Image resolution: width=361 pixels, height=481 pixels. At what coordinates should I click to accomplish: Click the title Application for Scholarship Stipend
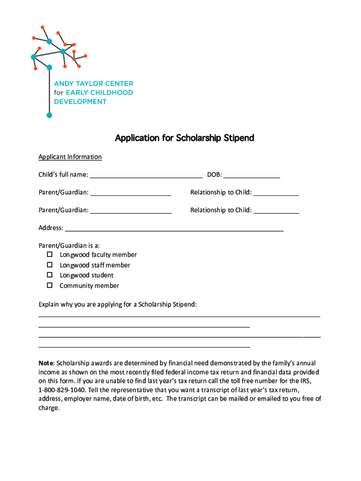pyautogui.click(x=185, y=138)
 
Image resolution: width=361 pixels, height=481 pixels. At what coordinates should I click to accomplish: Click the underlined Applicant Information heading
pyautogui.click(x=70, y=157)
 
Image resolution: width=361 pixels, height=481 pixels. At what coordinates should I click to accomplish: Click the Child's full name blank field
pyautogui.click(x=146, y=176)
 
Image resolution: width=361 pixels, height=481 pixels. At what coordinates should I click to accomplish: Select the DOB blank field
pyautogui.click(x=252, y=176)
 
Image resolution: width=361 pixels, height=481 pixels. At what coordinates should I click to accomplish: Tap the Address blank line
pyautogui.click(x=174, y=229)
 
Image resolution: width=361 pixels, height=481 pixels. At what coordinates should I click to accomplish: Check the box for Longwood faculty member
pyautogui.click(x=49, y=255)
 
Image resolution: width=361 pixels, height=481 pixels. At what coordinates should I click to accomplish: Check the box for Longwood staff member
pyautogui.click(x=49, y=265)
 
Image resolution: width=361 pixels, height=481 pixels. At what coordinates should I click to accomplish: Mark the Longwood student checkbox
pyautogui.click(x=49, y=275)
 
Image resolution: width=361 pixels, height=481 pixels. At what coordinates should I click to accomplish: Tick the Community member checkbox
pyautogui.click(x=49, y=286)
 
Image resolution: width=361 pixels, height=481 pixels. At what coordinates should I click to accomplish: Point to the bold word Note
pyautogui.click(x=46, y=363)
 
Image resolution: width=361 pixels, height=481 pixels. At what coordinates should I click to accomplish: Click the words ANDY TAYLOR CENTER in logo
pyautogui.click(x=94, y=84)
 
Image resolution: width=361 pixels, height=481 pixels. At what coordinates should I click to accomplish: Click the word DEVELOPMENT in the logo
pyautogui.click(x=80, y=101)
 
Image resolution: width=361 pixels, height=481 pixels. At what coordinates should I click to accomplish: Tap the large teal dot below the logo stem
pyautogui.click(x=49, y=115)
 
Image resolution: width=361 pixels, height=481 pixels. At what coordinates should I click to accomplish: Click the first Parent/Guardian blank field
pyautogui.click(x=131, y=193)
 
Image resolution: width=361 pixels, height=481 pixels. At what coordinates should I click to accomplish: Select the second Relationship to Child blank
pyautogui.click(x=276, y=211)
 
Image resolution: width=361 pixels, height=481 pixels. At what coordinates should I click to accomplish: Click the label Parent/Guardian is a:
pyautogui.click(x=69, y=245)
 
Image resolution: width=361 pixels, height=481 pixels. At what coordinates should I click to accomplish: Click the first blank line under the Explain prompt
pyautogui.click(x=179, y=316)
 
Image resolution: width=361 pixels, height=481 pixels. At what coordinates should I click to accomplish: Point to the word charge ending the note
pyautogui.click(x=48, y=408)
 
